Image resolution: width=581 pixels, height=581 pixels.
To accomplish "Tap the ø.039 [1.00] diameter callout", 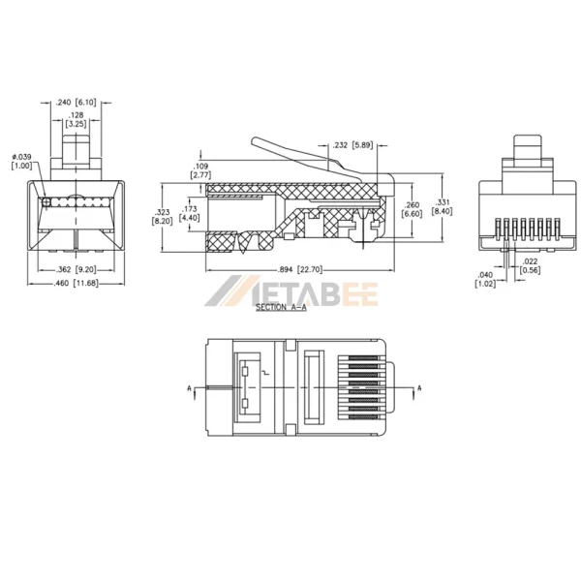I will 20,161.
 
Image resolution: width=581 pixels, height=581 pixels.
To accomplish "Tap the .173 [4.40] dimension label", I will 192,213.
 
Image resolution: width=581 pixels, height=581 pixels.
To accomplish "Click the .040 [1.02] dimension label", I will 486,279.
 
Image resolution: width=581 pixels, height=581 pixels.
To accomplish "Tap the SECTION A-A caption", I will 281,307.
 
